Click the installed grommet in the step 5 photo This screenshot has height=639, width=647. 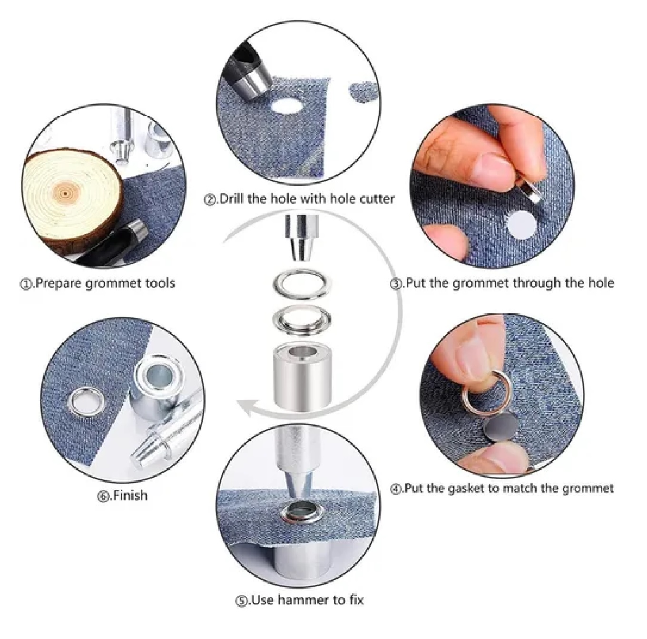297,513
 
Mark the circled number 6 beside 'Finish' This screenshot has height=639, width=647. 103,496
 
